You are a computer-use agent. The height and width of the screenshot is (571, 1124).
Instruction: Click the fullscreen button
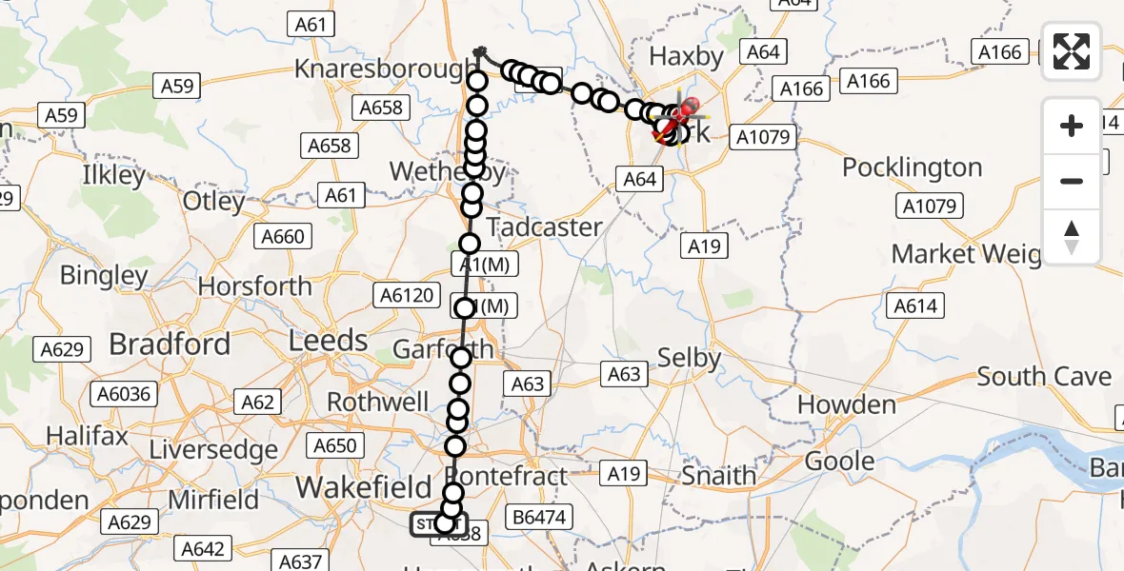[1072, 51]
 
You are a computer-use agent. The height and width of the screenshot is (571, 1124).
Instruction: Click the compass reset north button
[1072, 237]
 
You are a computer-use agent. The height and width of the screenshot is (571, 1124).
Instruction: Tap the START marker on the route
[438, 524]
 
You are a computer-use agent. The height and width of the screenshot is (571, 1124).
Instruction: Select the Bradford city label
[170, 344]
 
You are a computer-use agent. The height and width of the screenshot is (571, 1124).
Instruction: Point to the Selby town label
[689, 358]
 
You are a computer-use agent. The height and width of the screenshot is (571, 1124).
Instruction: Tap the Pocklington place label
[912, 167]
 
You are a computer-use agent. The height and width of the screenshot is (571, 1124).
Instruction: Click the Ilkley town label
[113, 175]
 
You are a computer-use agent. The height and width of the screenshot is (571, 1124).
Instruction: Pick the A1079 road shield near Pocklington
[933, 206]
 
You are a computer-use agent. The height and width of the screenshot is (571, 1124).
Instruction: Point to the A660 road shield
[283, 237]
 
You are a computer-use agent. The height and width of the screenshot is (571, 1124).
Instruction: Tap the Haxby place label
[686, 57]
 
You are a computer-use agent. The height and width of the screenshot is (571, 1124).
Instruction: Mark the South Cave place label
[1044, 377]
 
